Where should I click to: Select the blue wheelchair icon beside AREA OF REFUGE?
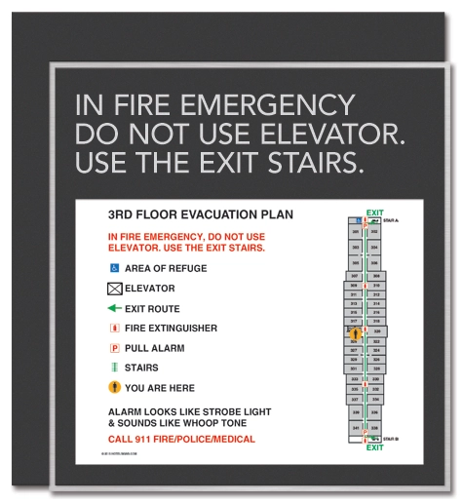pyautogui.click(x=114, y=267)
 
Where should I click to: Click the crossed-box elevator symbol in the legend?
pyautogui.click(x=114, y=288)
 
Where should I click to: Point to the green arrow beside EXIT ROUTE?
pyautogui.click(x=114, y=308)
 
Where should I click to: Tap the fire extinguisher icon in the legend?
pyautogui.click(x=114, y=329)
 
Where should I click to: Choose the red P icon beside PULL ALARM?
pyautogui.click(x=114, y=348)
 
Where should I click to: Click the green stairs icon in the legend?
pyautogui.click(x=114, y=368)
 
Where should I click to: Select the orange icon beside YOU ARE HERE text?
pyautogui.click(x=114, y=387)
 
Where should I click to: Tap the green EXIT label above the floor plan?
pyautogui.click(x=374, y=213)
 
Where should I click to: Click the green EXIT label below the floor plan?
pyautogui.click(x=374, y=447)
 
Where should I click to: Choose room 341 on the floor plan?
pyautogui.click(x=357, y=428)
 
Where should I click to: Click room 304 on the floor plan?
pyautogui.click(x=374, y=248)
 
